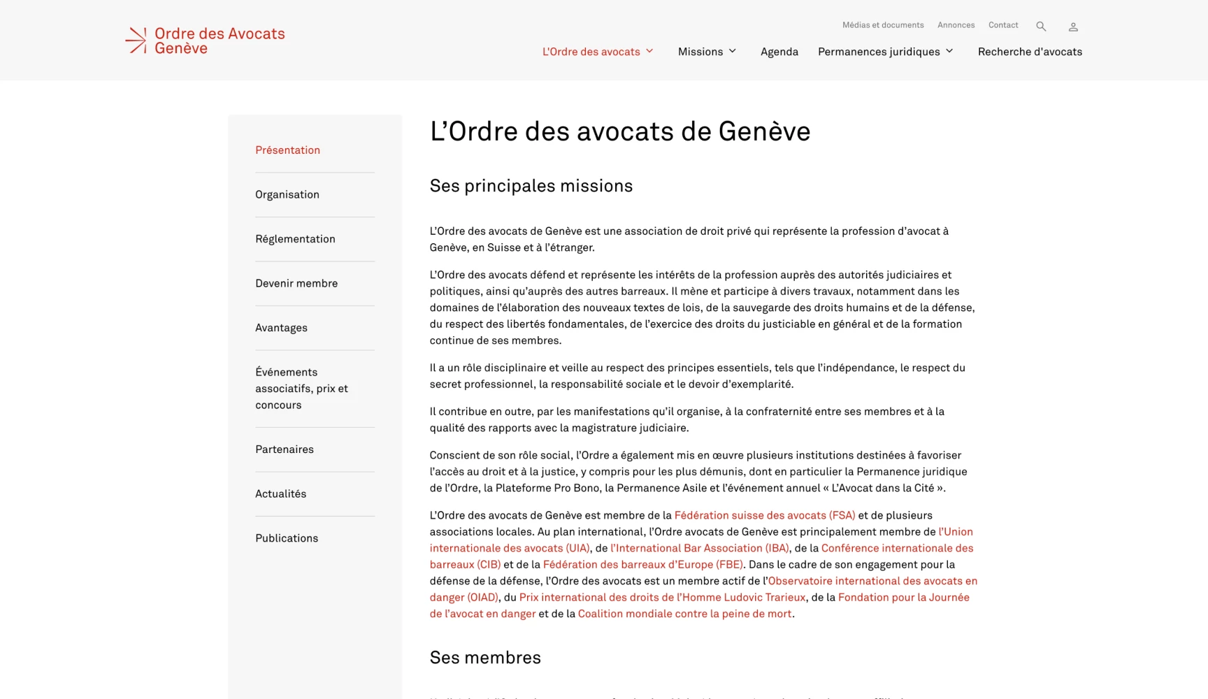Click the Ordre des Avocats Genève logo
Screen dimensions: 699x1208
pyautogui.click(x=205, y=41)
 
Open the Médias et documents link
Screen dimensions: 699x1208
pyautogui.click(x=883, y=25)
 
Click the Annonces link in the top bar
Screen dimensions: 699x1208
pyautogui.click(x=956, y=25)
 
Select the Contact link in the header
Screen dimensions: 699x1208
pyautogui.click(x=1003, y=25)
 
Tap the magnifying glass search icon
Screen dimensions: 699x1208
pyautogui.click(x=1041, y=27)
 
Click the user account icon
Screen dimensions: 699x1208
pyautogui.click(x=1073, y=27)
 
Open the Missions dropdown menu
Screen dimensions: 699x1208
pyautogui.click(x=707, y=52)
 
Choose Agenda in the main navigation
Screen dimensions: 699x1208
pyautogui.click(x=779, y=52)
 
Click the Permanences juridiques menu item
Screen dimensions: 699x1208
pyautogui.click(x=885, y=52)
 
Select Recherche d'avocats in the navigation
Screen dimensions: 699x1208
pyautogui.click(x=1030, y=52)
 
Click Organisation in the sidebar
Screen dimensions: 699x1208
pyautogui.click(x=287, y=194)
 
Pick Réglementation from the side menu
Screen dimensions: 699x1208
pyautogui.click(x=295, y=239)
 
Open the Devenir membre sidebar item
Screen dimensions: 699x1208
pyautogui.click(x=296, y=283)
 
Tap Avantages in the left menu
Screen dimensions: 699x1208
pyautogui.click(x=281, y=328)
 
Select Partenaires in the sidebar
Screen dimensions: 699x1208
pyautogui.click(x=285, y=449)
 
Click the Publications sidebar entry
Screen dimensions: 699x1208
pyautogui.click(x=287, y=538)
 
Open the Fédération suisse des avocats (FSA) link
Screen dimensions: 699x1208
pyautogui.click(x=765, y=515)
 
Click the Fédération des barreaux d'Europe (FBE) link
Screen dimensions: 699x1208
pyautogui.click(x=642, y=564)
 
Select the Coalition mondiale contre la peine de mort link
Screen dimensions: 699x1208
pyautogui.click(x=684, y=614)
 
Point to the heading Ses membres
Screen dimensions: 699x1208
pyautogui.click(x=485, y=658)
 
